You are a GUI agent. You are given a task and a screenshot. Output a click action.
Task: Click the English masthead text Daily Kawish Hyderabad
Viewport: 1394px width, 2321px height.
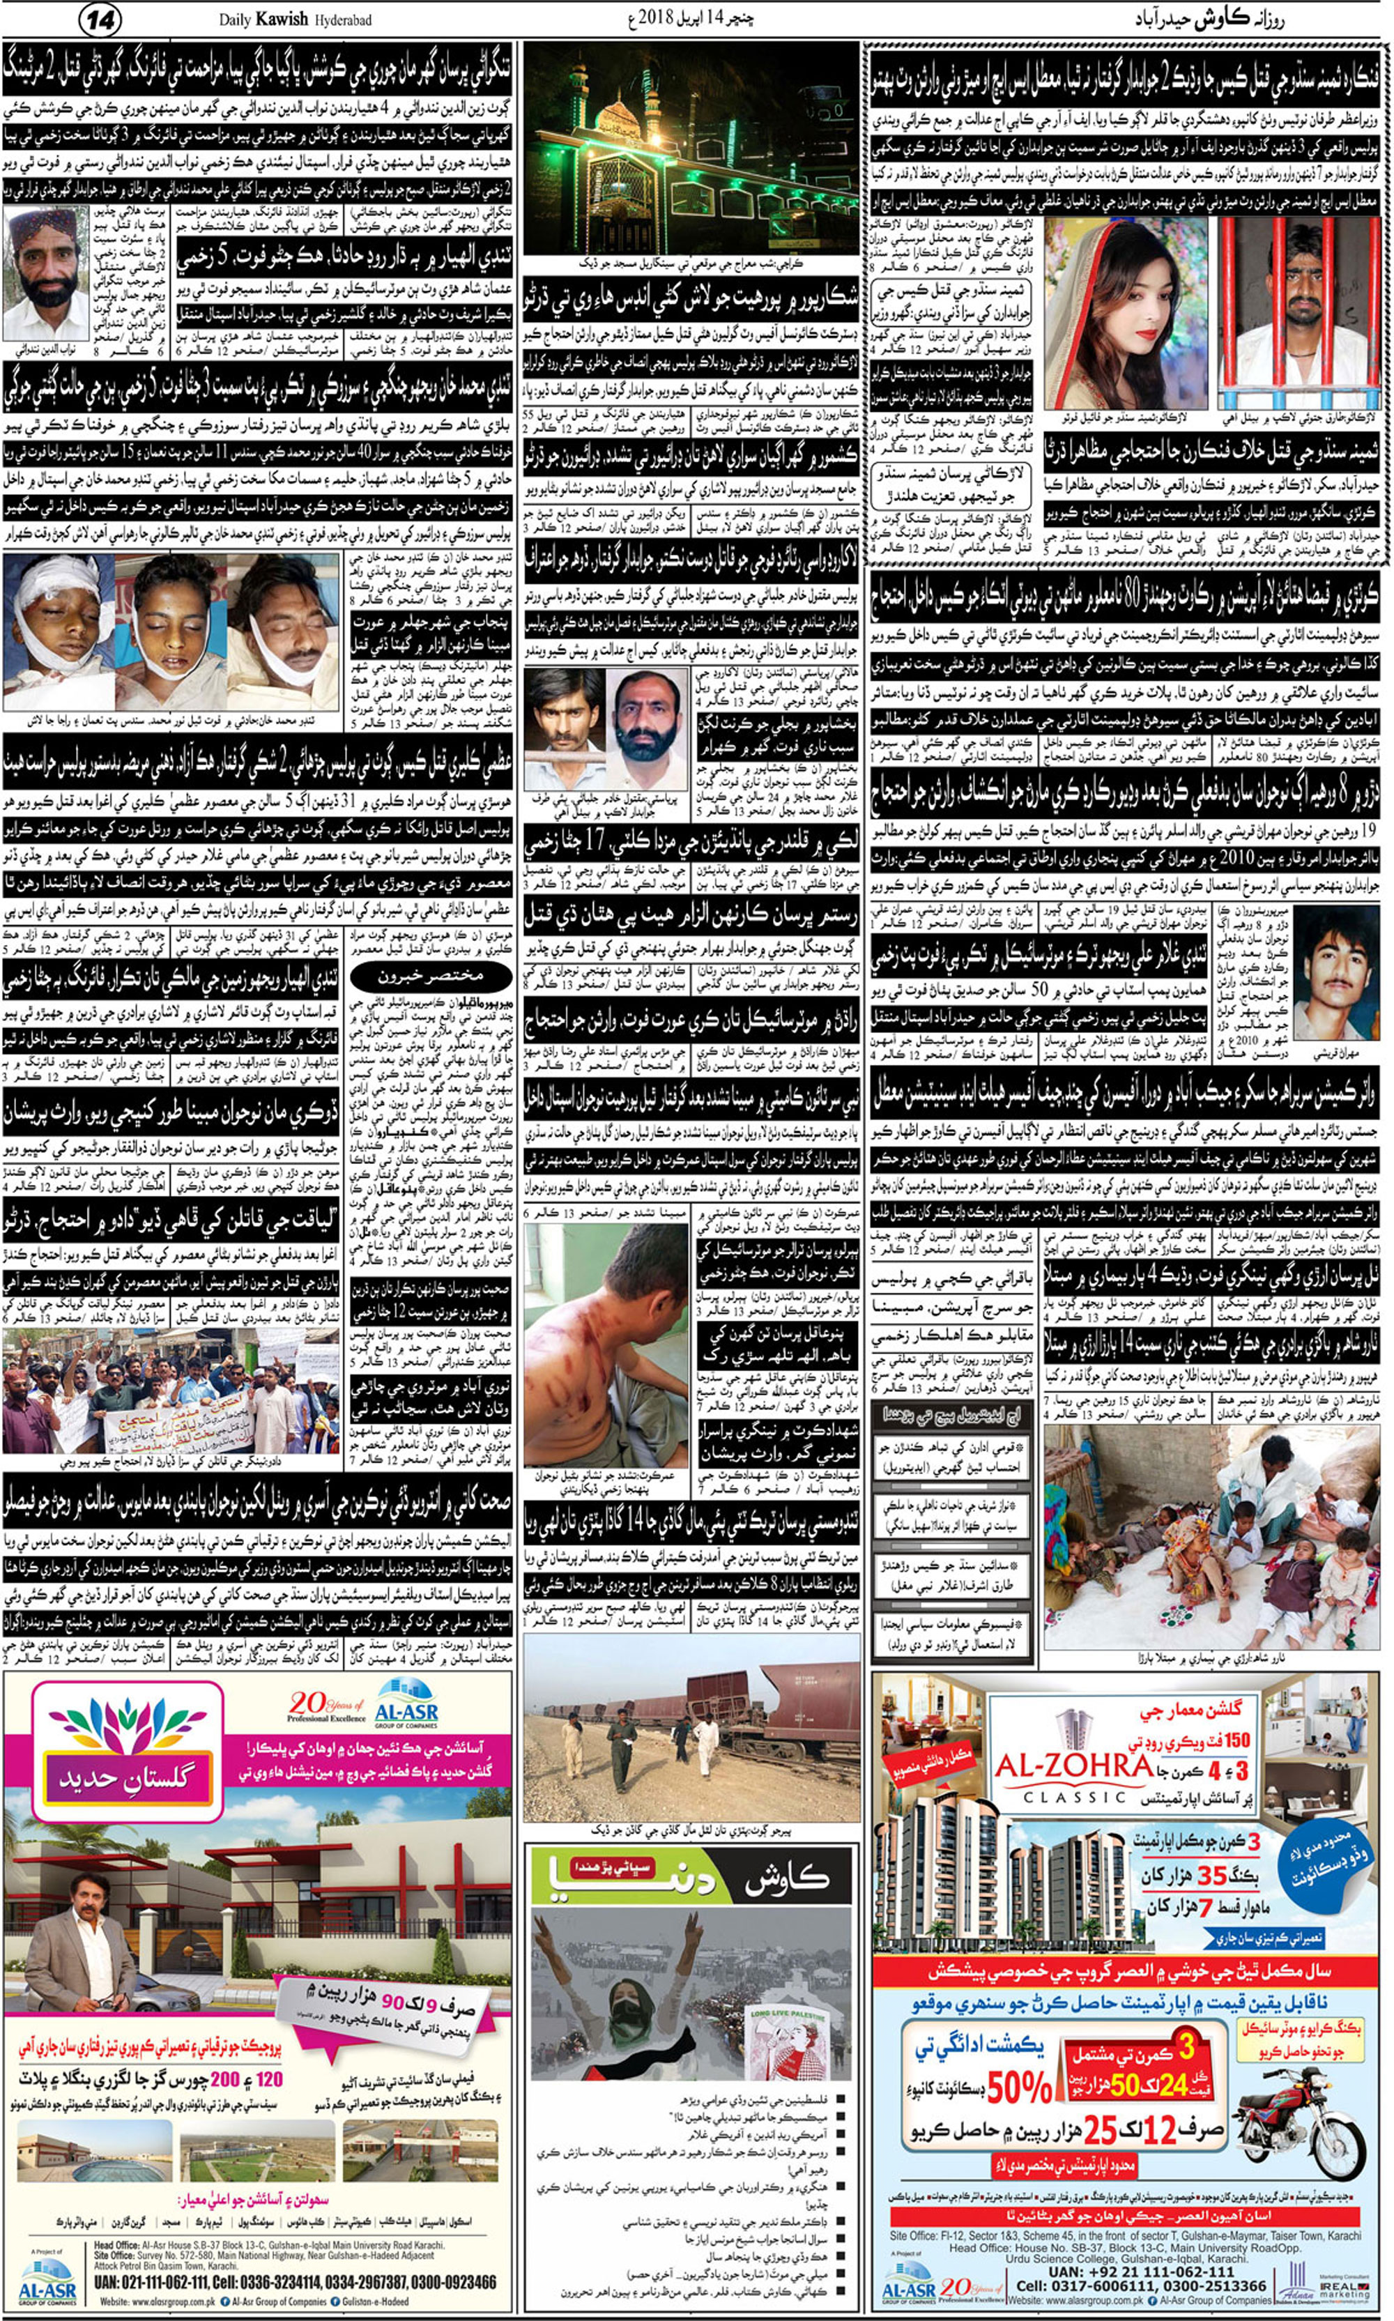point(295,20)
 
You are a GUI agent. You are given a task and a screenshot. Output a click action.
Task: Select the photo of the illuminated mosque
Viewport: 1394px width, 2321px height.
point(691,148)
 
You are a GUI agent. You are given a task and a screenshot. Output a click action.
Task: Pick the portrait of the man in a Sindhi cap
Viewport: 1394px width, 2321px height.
point(47,273)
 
